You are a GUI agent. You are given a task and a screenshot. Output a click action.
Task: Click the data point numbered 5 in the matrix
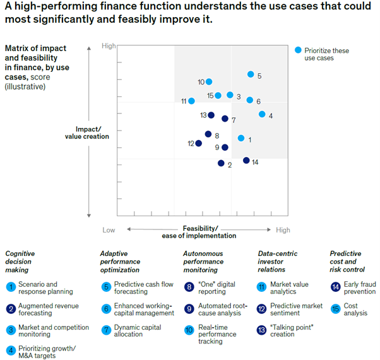pyautogui.click(x=251, y=74)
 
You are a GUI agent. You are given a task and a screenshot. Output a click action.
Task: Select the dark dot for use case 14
pyautogui.click(x=246, y=161)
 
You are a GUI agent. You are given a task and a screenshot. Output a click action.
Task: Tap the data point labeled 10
pyautogui.click(x=209, y=81)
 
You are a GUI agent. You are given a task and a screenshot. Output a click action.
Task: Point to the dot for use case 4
pyautogui.click(x=262, y=114)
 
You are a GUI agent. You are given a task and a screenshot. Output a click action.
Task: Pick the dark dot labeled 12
pyautogui.click(x=199, y=143)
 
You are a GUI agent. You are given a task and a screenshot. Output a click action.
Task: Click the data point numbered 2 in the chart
pyautogui.click(x=221, y=163)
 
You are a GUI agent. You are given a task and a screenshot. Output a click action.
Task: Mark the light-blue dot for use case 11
pyautogui.click(x=191, y=100)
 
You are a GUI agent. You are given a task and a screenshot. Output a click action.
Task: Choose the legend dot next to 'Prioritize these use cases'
pyautogui.click(x=299, y=50)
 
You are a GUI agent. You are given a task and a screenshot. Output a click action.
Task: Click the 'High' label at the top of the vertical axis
pyautogui.click(x=109, y=47)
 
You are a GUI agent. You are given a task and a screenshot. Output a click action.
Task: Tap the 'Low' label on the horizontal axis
pyautogui.click(x=109, y=230)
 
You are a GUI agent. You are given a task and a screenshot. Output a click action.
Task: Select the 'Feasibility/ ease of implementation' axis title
pyautogui.click(x=201, y=231)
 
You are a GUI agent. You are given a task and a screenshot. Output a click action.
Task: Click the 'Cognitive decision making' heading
pyautogui.click(x=20, y=261)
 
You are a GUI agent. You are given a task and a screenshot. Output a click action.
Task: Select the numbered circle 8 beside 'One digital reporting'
pyautogui.click(x=188, y=287)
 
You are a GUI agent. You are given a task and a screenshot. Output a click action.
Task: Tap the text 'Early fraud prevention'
pyautogui.click(x=360, y=288)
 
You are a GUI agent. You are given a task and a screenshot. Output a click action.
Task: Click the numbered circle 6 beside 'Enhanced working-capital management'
pyautogui.click(x=105, y=308)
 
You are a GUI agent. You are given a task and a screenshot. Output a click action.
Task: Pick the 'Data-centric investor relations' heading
pyautogui.click(x=278, y=261)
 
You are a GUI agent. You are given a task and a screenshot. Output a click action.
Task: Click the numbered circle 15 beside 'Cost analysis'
pyautogui.click(x=335, y=308)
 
